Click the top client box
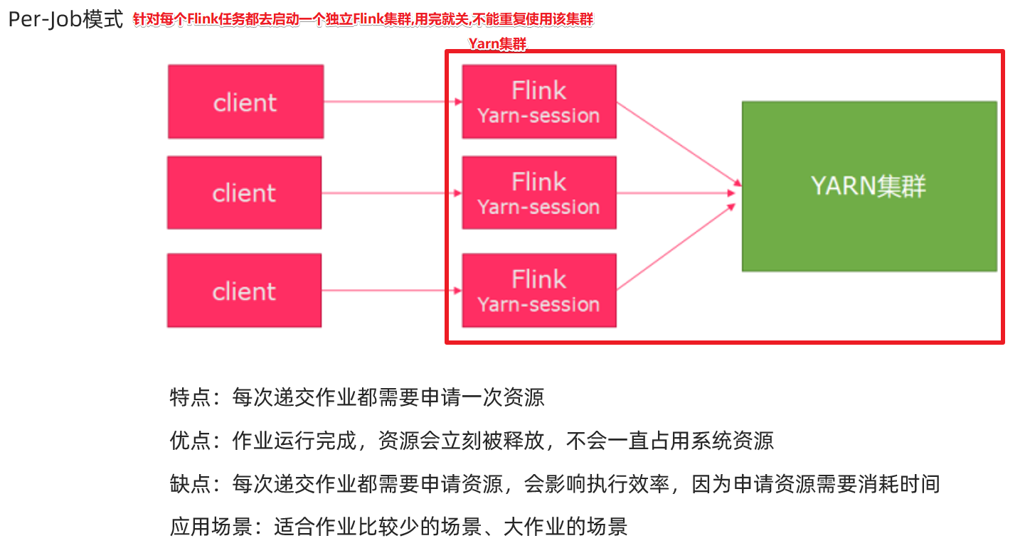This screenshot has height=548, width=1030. [245, 102]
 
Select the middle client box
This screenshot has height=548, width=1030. [244, 193]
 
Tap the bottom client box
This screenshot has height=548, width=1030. [244, 291]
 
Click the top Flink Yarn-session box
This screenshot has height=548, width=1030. [538, 102]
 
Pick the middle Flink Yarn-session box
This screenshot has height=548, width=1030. [538, 193]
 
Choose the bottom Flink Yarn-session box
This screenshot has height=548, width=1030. [538, 291]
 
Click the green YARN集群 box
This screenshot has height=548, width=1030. [869, 186]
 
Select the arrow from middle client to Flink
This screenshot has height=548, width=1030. [391, 193]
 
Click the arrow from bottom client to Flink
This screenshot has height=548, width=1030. [391, 291]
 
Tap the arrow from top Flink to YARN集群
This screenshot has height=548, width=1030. [676, 142]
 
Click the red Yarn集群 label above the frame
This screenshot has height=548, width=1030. [497, 44]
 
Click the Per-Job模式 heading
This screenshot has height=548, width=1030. [65, 19]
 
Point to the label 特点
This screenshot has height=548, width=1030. [190, 397]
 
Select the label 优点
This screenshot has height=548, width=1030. [190, 441]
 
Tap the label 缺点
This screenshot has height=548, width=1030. [190, 485]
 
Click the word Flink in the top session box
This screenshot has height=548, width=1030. [538, 90]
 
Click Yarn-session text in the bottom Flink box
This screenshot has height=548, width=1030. [538, 304]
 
